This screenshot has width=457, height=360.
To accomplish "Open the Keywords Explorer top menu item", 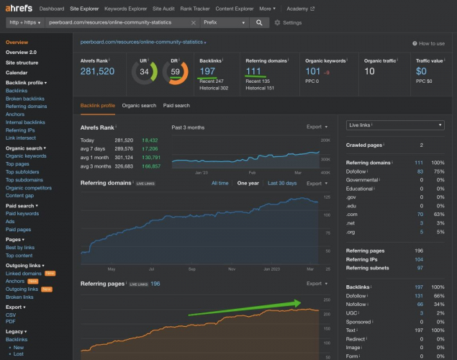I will pos(126,9).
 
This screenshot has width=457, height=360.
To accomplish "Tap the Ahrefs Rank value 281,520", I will pos(97,71).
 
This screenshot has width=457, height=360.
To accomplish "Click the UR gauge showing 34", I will pos(145,72).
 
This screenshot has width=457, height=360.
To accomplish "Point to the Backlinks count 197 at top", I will pos(207,71).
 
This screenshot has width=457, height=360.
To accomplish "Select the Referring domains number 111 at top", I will pos(253,71).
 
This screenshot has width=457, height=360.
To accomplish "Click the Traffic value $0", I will pos(421,71).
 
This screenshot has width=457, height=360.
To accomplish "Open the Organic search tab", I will pos(139,106).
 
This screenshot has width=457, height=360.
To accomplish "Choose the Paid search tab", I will pos(176,106).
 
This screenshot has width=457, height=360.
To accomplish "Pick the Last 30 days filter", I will pos(281,184).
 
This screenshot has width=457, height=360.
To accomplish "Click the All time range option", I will pos(220,184).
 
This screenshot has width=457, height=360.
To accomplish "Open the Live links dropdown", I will pos(395,125).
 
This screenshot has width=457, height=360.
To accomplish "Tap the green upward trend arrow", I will pos(245,308).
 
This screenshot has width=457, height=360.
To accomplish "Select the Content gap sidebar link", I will pos(19,195).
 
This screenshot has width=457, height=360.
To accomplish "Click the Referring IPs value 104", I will pos(418,258).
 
